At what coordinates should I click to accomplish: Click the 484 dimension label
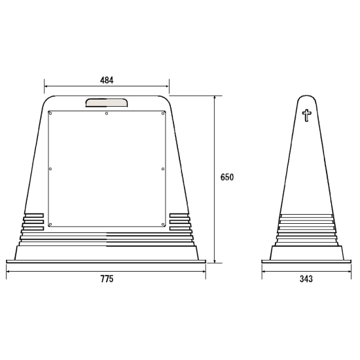[107, 80]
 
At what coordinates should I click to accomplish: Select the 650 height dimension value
[227, 177]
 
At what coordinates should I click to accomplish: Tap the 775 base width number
[107, 279]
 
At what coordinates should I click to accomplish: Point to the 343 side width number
[306, 279]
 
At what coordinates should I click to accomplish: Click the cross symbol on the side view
[306, 115]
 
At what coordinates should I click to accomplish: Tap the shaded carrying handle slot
[107, 103]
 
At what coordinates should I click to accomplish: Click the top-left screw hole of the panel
[50, 113]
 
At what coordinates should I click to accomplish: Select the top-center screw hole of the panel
[107, 113]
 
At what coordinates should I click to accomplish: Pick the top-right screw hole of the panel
[163, 113]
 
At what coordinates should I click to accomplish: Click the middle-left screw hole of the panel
[50, 169]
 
